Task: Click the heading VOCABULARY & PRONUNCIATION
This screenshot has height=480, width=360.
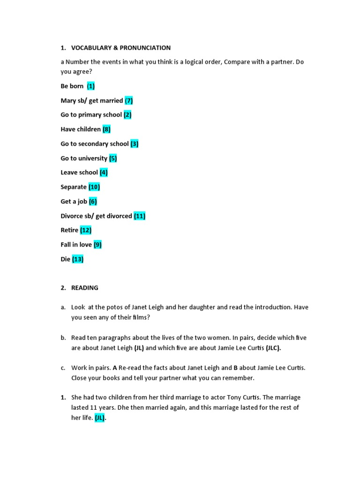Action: (x=121, y=48)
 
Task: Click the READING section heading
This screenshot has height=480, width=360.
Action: (x=85, y=288)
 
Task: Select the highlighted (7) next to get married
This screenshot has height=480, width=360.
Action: (x=129, y=100)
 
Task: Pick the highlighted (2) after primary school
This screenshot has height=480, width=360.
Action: (x=128, y=115)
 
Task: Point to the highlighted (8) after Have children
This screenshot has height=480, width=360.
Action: (x=107, y=129)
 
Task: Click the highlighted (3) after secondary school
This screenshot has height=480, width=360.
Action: (x=135, y=144)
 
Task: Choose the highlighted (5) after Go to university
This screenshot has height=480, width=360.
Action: (x=113, y=158)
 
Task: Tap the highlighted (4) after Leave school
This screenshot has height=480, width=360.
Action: (x=104, y=172)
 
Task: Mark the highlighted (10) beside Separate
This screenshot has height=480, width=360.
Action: (x=94, y=187)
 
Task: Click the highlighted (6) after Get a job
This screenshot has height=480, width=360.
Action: (x=93, y=202)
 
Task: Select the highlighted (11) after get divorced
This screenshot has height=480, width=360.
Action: (x=140, y=216)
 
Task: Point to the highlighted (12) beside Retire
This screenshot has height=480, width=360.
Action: (x=86, y=230)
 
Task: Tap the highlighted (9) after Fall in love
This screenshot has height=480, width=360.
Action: (x=97, y=245)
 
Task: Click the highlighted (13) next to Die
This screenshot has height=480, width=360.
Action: (x=78, y=259)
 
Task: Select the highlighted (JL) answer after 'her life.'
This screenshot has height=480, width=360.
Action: (x=100, y=419)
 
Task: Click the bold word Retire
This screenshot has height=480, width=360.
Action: (x=69, y=230)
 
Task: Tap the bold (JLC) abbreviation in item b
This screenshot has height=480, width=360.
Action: (x=274, y=348)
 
